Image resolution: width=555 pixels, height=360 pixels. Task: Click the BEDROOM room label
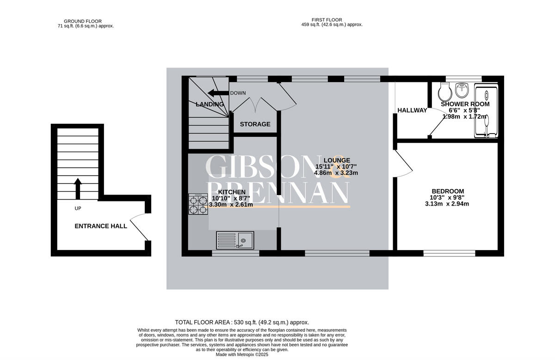[447, 191]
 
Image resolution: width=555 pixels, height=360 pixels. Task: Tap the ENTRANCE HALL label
[101, 226]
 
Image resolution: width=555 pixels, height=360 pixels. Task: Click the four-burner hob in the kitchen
[197, 204]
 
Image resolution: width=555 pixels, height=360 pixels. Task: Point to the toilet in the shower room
[445, 92]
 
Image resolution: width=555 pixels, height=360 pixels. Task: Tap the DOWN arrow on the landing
[218, 93]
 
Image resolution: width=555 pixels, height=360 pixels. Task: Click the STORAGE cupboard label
[255, 124]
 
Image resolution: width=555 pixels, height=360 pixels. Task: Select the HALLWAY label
[412, 110]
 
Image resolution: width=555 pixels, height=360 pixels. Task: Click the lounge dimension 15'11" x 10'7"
[336, 166]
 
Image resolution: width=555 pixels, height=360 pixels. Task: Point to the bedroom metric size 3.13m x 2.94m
[447, 204]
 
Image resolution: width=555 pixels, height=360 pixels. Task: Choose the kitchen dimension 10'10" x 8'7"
[231, 198]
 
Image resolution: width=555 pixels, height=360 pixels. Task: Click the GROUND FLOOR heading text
[83, 21]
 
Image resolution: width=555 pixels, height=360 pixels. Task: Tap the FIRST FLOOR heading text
[327, 20]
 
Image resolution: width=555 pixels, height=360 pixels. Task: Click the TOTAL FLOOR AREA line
[242, 322]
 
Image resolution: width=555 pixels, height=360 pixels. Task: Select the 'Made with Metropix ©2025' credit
[242, 354]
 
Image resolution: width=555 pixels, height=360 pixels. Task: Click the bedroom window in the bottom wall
[449, 253]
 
